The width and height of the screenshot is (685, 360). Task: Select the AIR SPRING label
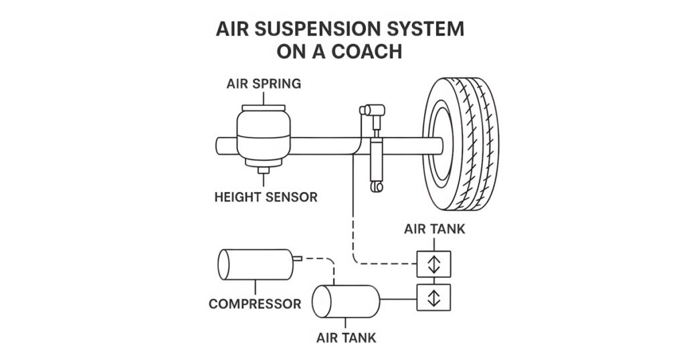(264, 84)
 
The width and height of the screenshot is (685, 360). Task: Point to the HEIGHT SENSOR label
(266, 197)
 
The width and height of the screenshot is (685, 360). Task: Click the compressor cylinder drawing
(255, 266)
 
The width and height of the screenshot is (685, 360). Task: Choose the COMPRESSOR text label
(255, 304)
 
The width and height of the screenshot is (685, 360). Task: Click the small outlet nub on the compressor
(298, 257)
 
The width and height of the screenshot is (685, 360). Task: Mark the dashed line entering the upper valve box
(388, 264)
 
